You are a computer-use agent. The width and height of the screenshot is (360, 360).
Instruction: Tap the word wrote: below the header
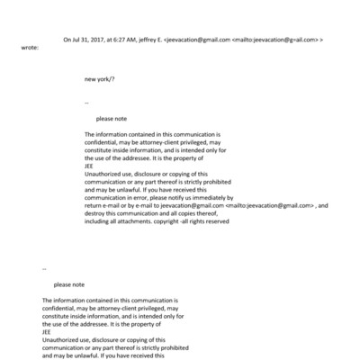coord(28,48)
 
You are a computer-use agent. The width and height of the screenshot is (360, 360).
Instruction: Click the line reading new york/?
coord(99,79)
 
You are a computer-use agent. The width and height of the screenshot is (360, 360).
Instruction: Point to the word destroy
coord(96,213)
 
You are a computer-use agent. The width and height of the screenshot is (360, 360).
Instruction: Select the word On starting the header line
coord(67,40)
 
